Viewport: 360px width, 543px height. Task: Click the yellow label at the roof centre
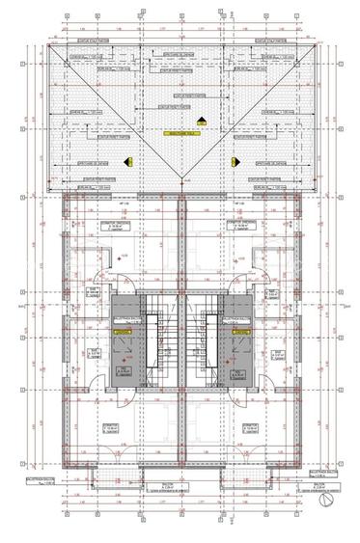point(181,133)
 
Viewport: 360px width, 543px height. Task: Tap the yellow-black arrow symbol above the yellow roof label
point(202,120)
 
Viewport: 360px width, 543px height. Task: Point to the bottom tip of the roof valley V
point(181,185)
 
